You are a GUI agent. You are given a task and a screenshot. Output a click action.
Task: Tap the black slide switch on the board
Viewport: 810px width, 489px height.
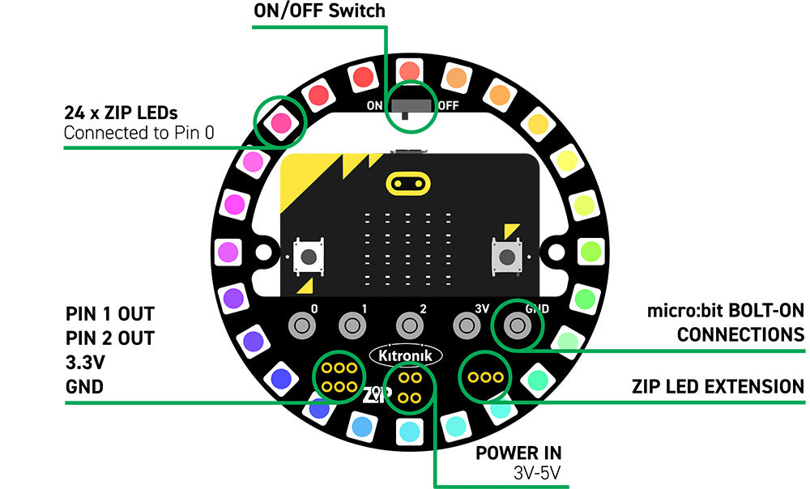coord(411,106)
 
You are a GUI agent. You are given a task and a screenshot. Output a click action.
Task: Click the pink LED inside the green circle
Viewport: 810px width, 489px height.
coord(280,122)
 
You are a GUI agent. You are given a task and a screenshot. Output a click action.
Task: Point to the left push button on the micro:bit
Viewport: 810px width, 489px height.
coord(309,257)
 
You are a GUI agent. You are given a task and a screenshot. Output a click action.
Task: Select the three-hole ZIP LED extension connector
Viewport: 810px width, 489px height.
coord(485,377)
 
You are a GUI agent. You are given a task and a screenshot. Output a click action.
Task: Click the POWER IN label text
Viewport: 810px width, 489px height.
coord(518,453)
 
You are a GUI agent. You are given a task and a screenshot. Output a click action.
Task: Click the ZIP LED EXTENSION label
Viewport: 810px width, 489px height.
coord(718,387)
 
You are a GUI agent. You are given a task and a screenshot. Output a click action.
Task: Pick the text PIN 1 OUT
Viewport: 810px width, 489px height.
coord(109,313)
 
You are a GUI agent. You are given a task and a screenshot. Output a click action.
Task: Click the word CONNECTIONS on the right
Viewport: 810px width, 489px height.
coord(740,334)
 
